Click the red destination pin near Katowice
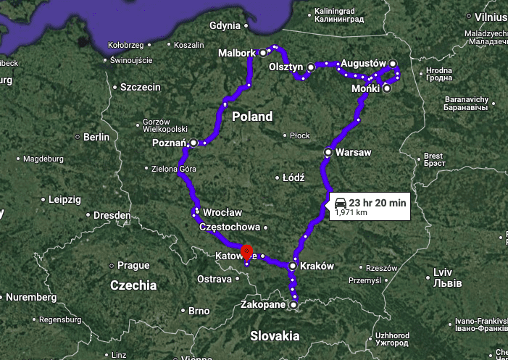pyautogui.click(x=247, y=251)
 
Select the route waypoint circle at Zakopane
pyautogui.click(x=293, y=306)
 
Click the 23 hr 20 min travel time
pyautogui.click(x=377, y=203)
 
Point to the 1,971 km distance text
pyautogui.click(x=351, y=214)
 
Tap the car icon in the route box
pyautogui.click(x=340, y=203)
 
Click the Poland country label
pyautogui.click(x=252, y=117)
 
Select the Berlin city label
pyautogui.click(x=96, y=137)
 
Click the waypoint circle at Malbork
pyautogui.click(x=264, y=53)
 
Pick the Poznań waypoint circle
pyautogui.click(x=193, y=143)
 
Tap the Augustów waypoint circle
pyautogui.click(x=393, y=63)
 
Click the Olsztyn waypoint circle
pyautogui.click(x=310, y=67)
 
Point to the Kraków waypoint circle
pyautogui.click(x=293, y=267)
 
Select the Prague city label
pyautogui.click(x=133, y=266)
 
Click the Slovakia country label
pyautogui.click(x=275, y=335)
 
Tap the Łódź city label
pyautogui.click(x=293, y=177)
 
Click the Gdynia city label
pyautogui.click(x=224, y=26)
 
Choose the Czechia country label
pyautogui.click(x=133, y=285)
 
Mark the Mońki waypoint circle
pyautogui.click(x=387, y=88)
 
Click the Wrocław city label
pyautogui.click(x=222, y=213)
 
